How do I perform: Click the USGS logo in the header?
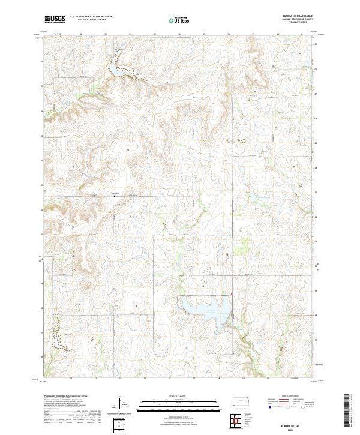[54, 19]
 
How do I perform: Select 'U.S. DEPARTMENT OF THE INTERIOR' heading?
[91, 17]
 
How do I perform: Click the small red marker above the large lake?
[232, 295]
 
